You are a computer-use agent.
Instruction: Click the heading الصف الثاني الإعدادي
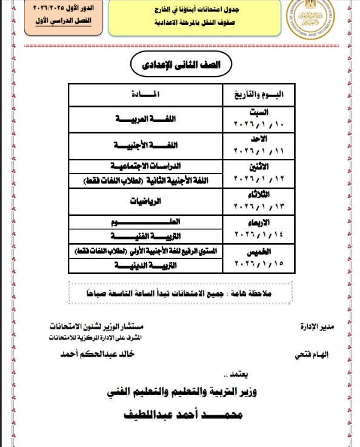coord(180,65)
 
